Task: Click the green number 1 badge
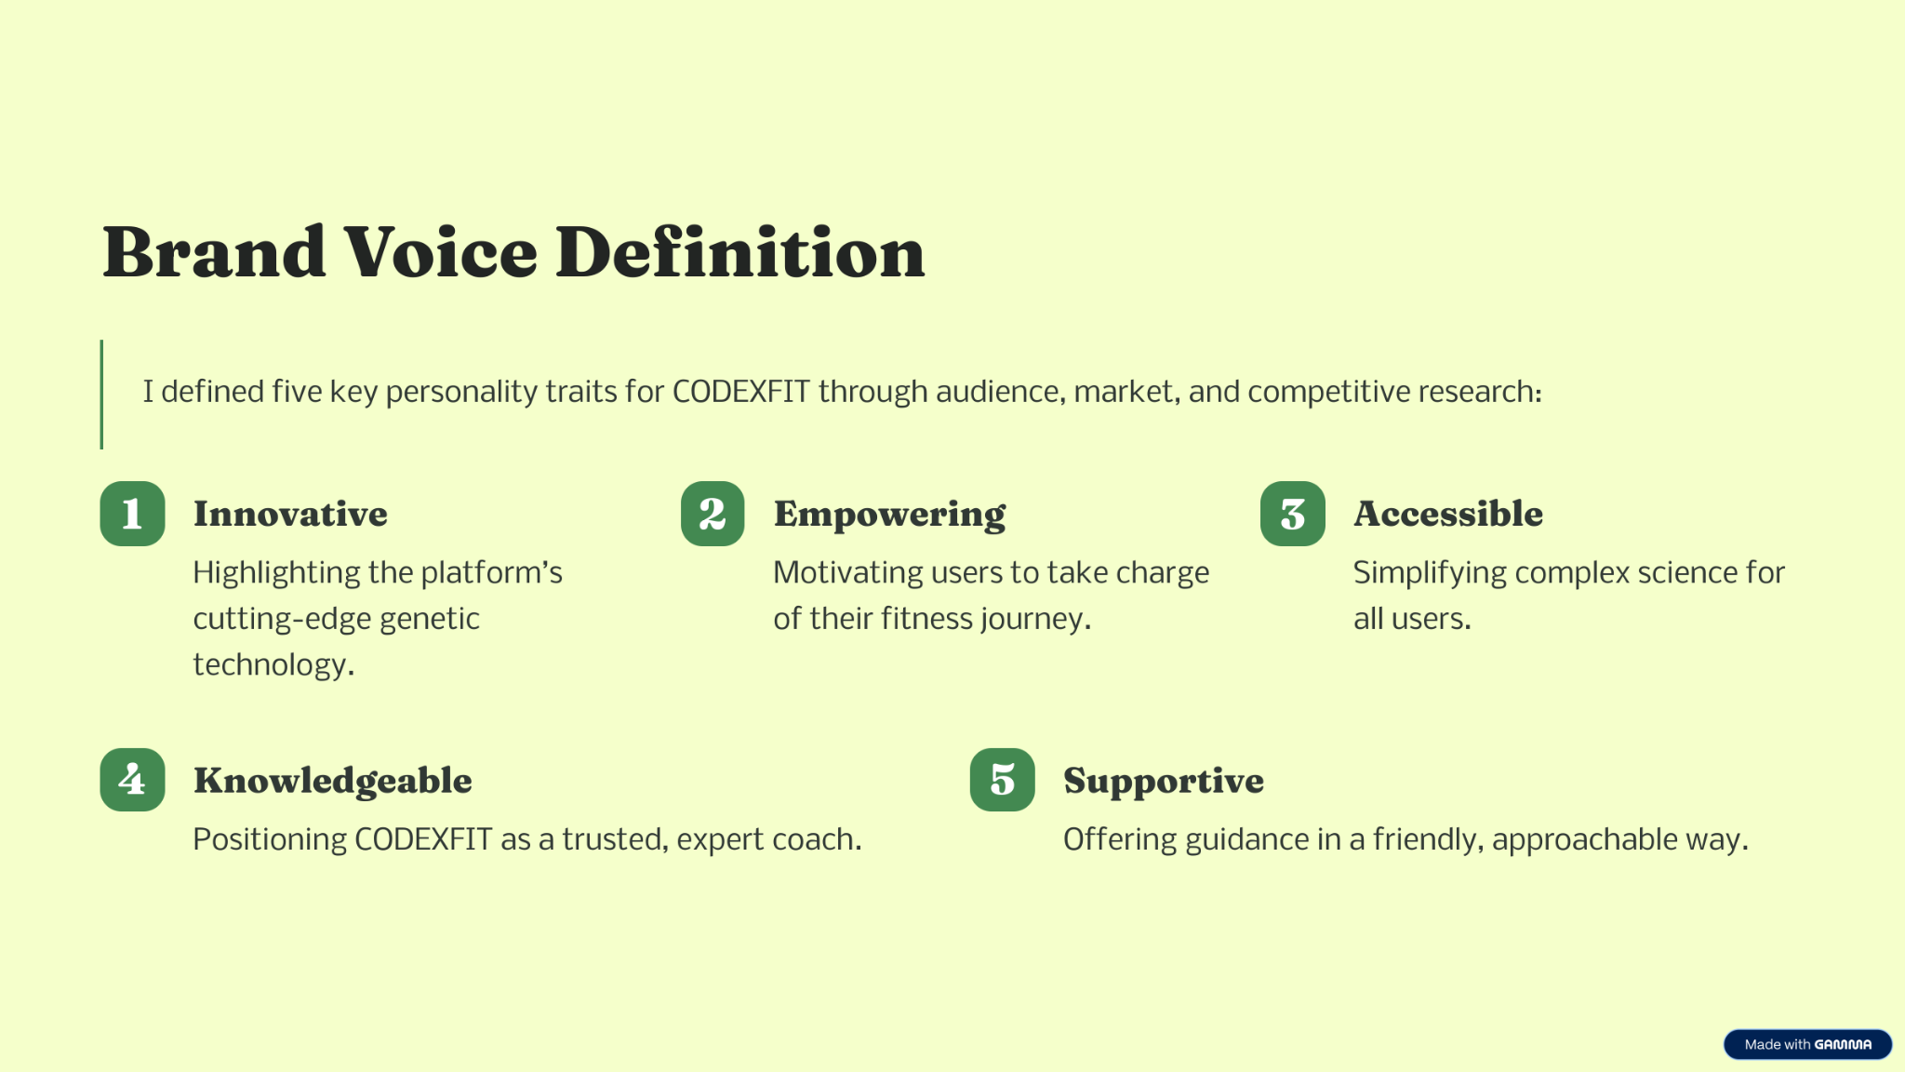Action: pos(132,514)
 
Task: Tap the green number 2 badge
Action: pos(713,514)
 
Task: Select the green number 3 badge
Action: pos(1293,514)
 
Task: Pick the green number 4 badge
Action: pos(132,780)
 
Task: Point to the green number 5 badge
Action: pos(1003,780)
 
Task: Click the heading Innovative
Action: pos(290,514)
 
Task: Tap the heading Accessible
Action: pos(1448,514)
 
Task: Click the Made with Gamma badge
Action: pos(1807,1044)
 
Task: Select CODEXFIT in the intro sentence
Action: pos(741,392)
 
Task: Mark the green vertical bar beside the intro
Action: pos(101,395)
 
